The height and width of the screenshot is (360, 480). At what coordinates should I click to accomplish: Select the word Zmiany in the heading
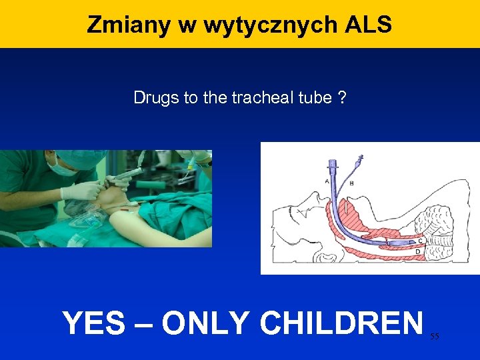tap(125, 25)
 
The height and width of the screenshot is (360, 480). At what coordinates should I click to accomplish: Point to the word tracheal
tap(258, 98)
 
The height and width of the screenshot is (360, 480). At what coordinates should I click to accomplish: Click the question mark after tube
tap(341, 98)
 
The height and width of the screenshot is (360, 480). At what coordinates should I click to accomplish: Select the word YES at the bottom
tap(93, 324)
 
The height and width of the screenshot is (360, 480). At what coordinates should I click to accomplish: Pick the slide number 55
tap(435, 337)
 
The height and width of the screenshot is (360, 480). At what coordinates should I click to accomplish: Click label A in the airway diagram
tap(327, 181)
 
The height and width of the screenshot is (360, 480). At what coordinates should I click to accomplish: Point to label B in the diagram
tap(351, 182)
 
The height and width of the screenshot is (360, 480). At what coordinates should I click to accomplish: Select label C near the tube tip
tap(420, 241)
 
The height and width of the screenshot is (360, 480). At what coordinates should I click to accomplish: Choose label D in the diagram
tap(417, 252)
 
